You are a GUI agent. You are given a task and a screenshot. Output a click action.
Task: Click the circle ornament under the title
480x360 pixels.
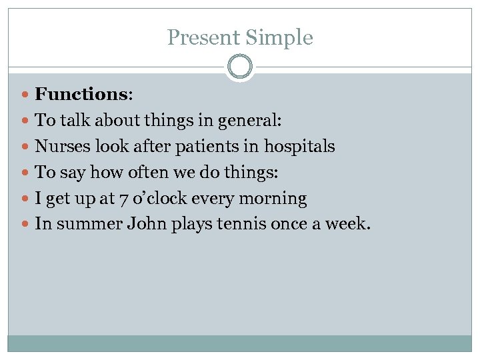[x=240, y=67]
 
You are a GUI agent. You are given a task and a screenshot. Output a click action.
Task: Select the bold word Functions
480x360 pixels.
[x=81, y=94]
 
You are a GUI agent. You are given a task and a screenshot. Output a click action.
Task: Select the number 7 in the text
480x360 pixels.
[x=169, y=199]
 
